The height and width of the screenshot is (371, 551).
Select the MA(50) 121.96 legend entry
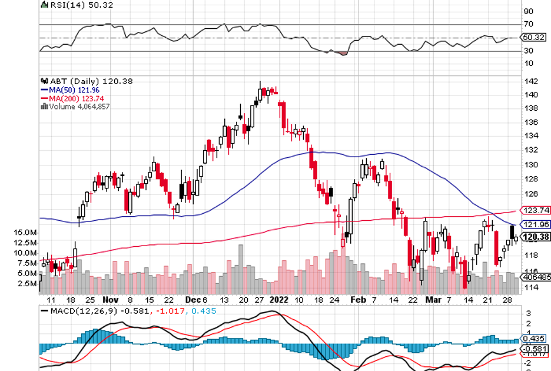pos(74,90)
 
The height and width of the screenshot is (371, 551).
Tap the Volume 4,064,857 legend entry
pos(79,107)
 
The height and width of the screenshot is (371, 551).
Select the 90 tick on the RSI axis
pos(528,11)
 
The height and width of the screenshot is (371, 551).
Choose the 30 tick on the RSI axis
pos(528,51)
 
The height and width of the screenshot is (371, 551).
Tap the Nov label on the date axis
pos(111,299)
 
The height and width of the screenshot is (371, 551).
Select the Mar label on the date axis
pos(433,299)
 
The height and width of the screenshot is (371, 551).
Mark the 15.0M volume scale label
pos(26,233)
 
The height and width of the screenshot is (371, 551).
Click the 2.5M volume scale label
pos(28,283)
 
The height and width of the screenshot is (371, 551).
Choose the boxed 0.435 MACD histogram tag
pos(533,339)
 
